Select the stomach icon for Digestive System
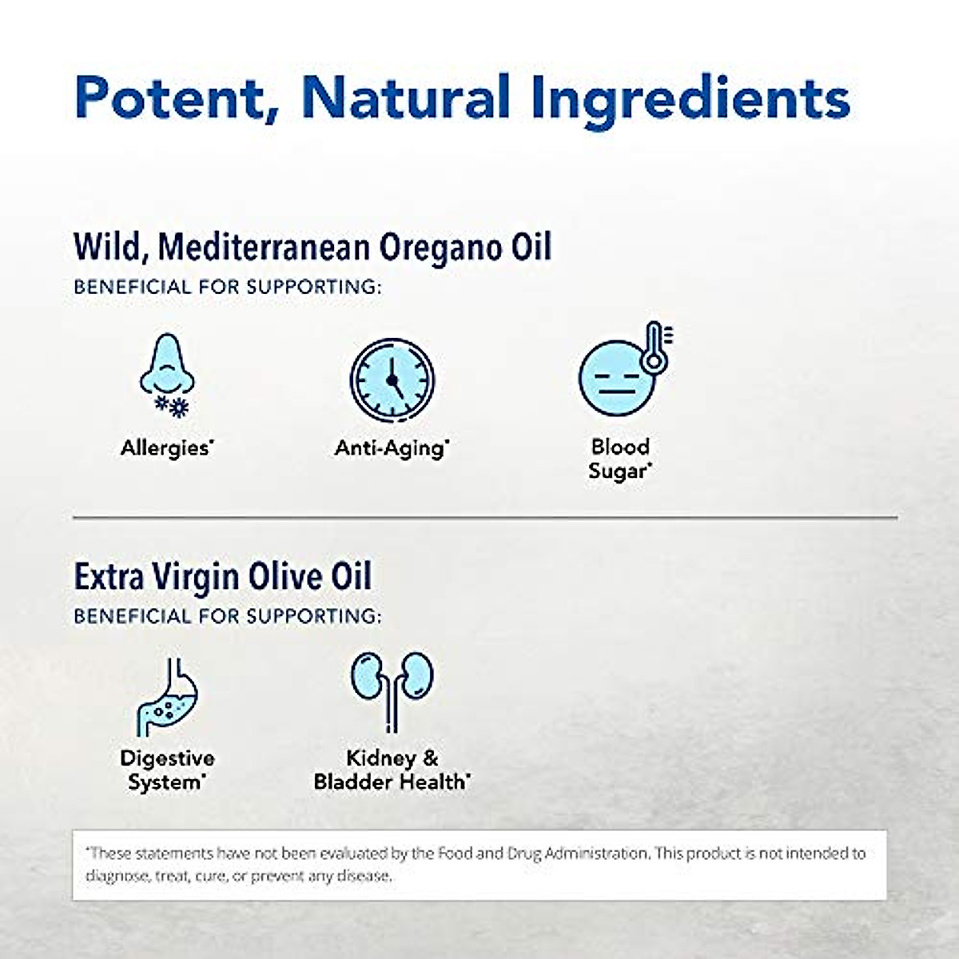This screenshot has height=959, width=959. [x=165, y=695]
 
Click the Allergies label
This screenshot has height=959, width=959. [x=166, y=448]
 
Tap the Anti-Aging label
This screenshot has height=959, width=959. [x=391, y=448]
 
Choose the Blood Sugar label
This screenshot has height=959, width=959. [x=620, y=459]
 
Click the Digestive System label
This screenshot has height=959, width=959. [x=167, y=770]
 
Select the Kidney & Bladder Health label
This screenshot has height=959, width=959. [x=392, y=770]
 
